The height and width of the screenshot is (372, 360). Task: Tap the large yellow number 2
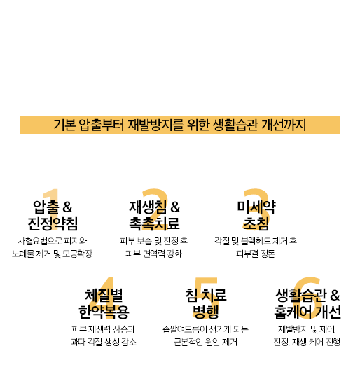pyautogui.click(x=155, y=209)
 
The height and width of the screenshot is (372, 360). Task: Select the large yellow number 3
pyautogui.click(x=256, y=209)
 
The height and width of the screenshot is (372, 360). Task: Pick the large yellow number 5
pyautogui.click(x=206, y=298)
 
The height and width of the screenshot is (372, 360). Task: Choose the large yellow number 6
pyautogui.click(x=307, y=298)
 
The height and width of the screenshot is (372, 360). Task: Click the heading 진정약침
pyautogui.click(x=53, y=223)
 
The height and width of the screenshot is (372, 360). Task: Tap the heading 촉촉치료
pyautogui.click(x=154, y=223)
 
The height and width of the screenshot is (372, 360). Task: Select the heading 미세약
pyautogui.click(x=256, y=207)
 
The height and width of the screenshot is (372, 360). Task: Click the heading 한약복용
pyautogui.click(x=104, y=312)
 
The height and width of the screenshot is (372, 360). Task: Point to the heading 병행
pyautogui.click(x=205, y=312)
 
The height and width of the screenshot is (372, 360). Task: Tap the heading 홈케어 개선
pyautogui.click(x=307, y=312)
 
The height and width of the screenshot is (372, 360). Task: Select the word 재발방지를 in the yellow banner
pyautogui.click(x=155, y=125)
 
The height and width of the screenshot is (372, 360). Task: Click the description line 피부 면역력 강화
pyautogui.click(x=153, y=254)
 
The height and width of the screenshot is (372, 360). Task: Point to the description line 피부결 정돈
pyautogui.click(x=256, y=254)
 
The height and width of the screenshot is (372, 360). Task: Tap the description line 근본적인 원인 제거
pyautogui.click(x=205, y=342)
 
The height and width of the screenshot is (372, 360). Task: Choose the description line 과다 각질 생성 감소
pyautogui.click(x=104, y=342)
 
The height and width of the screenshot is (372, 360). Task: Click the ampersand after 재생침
pyautogui.click(x=175, y=207)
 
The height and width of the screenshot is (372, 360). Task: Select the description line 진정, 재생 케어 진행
pyautogui.click(x=307, y=342)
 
